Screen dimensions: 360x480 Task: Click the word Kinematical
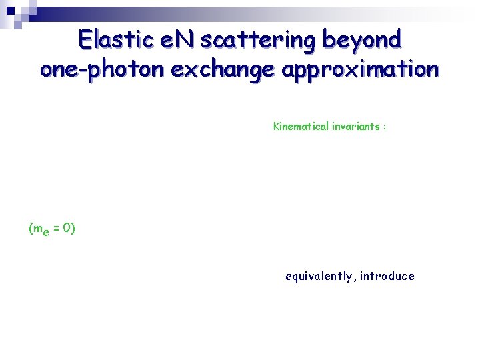click(301, 126)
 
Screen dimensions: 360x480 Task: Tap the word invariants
click(356, 126)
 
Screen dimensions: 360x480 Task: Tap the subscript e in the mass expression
click(46, 232)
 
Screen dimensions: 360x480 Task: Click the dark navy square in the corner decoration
click(10, 10)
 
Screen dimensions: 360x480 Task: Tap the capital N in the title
click(185, 41)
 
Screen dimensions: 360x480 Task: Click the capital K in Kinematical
click(277, 126)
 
